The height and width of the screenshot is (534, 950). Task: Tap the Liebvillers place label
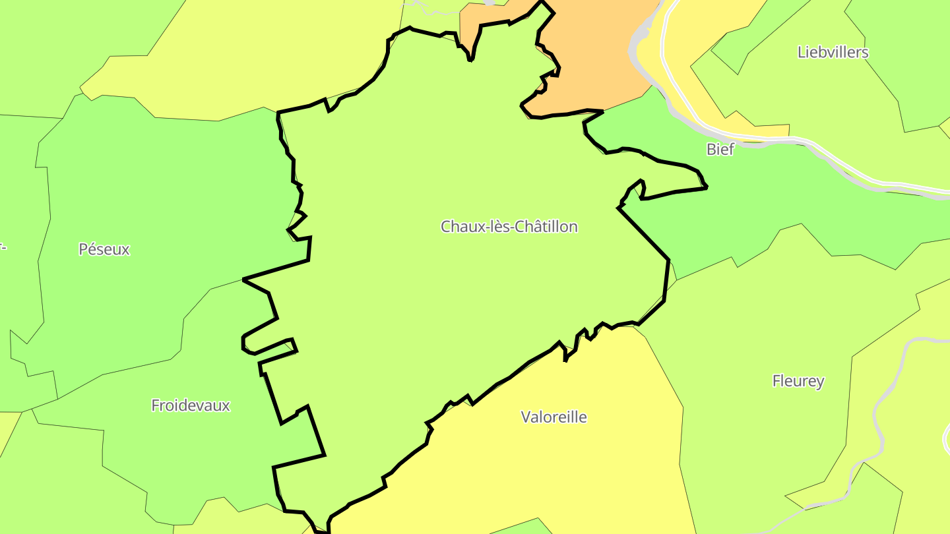pos(833,52)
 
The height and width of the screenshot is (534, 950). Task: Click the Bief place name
pos(720,149)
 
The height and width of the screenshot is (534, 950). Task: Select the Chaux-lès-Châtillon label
pos(509,227)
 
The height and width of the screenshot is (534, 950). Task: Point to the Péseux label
pos(104,249)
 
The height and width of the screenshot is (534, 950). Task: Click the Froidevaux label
pos(190,405)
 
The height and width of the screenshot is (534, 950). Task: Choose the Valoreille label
pos(554,417)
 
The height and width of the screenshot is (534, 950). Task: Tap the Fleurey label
pos(798,381)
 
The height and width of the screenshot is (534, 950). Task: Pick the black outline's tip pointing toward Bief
pos(706,187)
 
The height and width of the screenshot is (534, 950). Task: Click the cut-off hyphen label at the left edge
pos(3,247)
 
